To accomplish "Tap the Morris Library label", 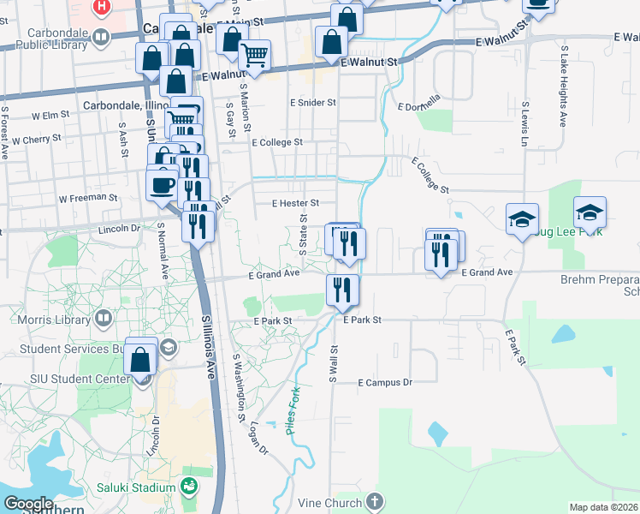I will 47,319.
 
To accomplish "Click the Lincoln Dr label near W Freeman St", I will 118,229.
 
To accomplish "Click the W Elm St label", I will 50,115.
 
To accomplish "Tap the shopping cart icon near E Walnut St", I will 254,57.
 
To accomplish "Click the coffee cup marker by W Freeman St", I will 162,185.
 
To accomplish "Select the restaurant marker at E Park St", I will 341,289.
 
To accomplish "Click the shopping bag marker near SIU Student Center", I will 141,359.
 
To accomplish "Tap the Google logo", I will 29,504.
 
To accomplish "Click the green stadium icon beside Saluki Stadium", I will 189,487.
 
